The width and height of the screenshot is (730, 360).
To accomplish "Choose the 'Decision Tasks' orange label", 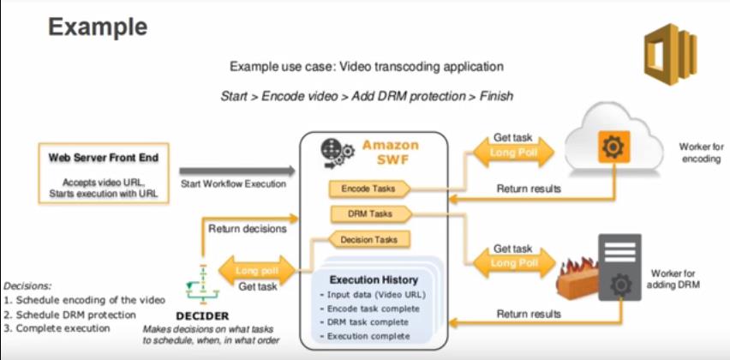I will tap(368, 240).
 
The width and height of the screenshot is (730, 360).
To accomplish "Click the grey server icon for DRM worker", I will tap(618, 267).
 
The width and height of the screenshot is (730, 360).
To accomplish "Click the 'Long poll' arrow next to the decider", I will tap(254, 271).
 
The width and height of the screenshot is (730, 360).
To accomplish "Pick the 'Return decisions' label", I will tap(248, 229).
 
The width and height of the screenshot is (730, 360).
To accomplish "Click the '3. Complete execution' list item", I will tap(57, 327).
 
